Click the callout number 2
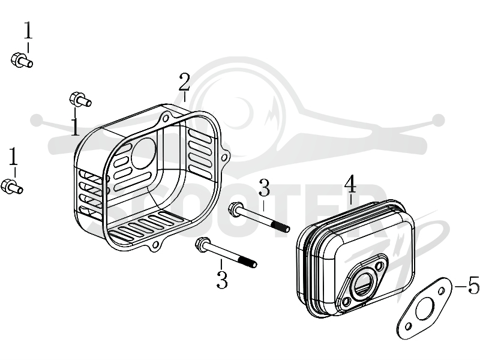(x=184, y=82)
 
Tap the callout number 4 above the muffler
(x=350, y=184)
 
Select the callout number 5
(x=474, y=285)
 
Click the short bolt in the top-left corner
(x=22, y=60)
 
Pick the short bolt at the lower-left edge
(x=12, y=186)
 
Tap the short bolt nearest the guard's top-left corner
(x=80, y=99)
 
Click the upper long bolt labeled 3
(x=259, y=218)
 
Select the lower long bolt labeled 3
(x=226, y=253)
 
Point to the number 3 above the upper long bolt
(x=264, y=188)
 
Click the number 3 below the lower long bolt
(x=222, y=280)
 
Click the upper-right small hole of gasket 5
(x=442, y=290)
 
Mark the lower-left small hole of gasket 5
(x=408, y=327)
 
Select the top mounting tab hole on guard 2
(x=166, y=118)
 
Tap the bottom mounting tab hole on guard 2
(x=157, y=244)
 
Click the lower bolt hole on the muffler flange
(x=347, y=301)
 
